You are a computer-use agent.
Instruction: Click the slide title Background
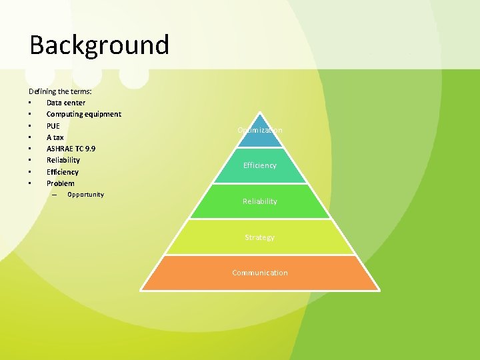coord(99,45)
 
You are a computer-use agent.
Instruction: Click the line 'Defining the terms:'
coord(61,91)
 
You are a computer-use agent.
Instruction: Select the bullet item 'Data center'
coord(65,103)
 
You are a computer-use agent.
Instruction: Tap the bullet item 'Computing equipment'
coord(83,114)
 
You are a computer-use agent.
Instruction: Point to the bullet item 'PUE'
coord(53,125)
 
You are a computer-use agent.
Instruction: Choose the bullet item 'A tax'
coord(55,137)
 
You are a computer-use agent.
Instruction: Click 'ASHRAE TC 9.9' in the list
coord(71,148)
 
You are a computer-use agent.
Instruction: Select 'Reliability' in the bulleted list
coord(63,160)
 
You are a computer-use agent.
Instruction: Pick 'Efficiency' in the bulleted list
coord(62,171)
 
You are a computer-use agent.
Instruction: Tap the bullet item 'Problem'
coord(60,183)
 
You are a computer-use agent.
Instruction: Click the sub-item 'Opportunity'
coord(85,195)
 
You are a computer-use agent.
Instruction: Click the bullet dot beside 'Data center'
coord(30,103)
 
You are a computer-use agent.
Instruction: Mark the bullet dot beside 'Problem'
coord(30,183)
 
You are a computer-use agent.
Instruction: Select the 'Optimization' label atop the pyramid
coord(260,130)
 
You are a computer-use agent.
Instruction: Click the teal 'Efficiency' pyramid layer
coord(260,165)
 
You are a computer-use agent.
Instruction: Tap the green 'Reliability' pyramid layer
coord(260,201)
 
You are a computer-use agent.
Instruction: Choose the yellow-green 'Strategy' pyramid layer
coord(260,237)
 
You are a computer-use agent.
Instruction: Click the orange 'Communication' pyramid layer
coord(260,273)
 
